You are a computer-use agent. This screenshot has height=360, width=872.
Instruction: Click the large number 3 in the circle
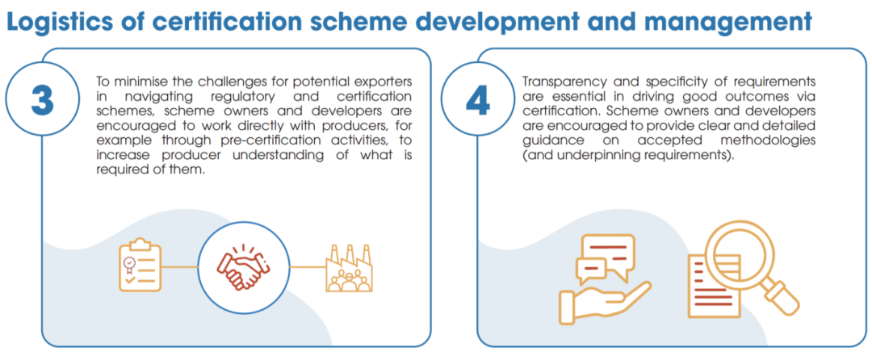(x=42, y=100)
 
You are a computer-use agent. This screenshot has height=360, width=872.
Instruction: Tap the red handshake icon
(x=243, y=267)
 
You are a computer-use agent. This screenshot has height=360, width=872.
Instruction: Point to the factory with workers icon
(x=349, y=268)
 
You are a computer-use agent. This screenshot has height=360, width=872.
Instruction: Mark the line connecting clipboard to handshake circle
(x=179, y=266)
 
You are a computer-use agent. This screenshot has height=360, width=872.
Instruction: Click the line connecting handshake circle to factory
(x=307, y=266)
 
